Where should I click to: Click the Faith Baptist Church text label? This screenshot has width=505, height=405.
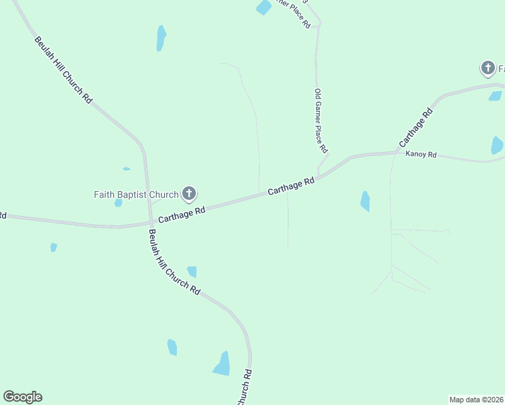point(136,195)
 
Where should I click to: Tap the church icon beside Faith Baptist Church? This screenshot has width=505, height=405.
point(189,195)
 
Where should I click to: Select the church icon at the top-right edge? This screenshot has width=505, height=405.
point(487,67)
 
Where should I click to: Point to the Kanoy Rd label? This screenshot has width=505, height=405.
point(421,155)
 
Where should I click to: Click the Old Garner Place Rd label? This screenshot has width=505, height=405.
point(321,120)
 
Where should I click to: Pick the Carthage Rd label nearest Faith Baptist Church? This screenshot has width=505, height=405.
point(182,215)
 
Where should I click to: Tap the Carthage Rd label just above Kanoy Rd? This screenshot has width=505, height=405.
point(415,128)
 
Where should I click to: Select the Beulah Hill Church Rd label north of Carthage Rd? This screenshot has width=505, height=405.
point(63,69)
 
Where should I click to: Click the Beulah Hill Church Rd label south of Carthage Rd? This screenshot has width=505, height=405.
point(175,262)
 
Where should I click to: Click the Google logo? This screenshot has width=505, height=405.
point(22,397)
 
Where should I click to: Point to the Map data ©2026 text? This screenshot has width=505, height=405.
point(476,399)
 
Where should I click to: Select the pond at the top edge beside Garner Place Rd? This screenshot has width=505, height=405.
point(263,7)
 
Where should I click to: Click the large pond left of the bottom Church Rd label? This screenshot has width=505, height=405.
point(222,364)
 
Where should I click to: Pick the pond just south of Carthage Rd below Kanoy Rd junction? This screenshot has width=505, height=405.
point(365,201)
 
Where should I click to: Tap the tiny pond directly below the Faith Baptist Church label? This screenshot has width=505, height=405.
point(119,202)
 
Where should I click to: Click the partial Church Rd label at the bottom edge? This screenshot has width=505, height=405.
point(244,387)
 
